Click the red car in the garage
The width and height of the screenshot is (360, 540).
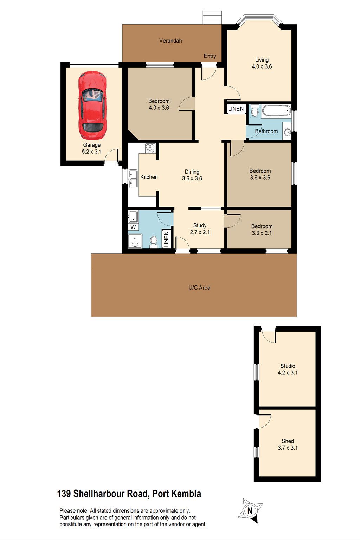click(x=92, y=105)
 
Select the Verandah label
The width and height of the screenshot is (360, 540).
click(x=171, y=41)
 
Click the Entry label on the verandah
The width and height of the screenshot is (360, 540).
click(x=210, y=56)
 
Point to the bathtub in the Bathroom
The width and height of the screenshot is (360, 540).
click(x=276, y=110)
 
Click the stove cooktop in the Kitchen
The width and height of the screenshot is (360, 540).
click(x=150, y=148)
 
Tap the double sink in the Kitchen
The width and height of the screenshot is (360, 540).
click(x=133, y=179)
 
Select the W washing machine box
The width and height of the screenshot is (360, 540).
click(x=133, y=227)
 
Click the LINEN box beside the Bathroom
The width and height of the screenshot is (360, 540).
click(x=236, y=109)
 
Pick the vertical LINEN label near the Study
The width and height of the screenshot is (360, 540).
click(x=166, y=239)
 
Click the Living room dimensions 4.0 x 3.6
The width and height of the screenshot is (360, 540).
click(x=262, y=66)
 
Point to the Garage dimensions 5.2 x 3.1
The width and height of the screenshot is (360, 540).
click(x=92, y=152)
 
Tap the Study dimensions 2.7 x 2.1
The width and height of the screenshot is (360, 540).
click(x=200, y=232)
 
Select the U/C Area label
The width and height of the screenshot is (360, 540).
click(x=199, y=288)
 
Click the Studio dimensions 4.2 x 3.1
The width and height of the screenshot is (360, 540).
click(x=288, y=373)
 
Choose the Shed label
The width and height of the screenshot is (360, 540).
click(x=288, y=441)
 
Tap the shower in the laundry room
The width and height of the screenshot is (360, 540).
click(x=135, y=241)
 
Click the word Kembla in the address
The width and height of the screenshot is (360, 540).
click(x=187, y=494)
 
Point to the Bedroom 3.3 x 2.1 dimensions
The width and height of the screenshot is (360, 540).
click(x=262, y=233)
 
